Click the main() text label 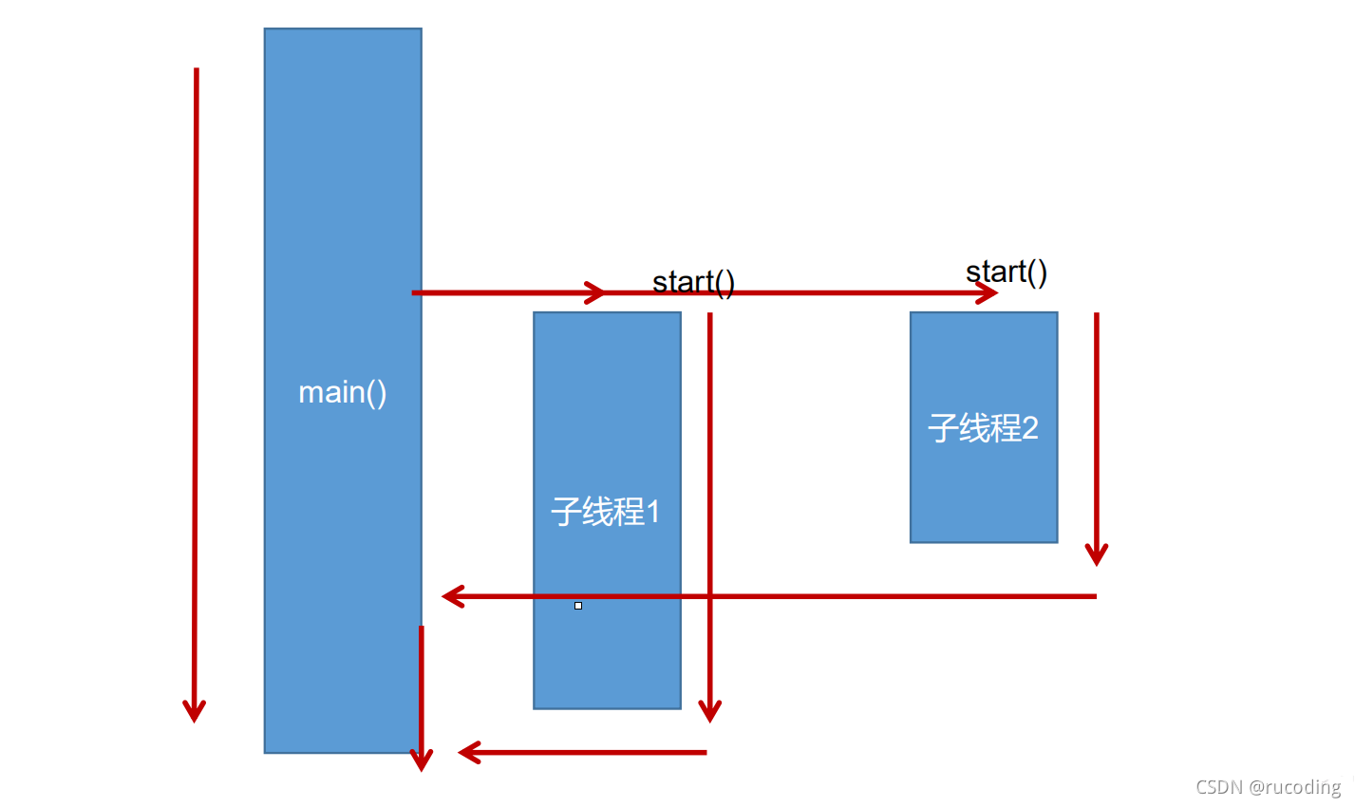tap(343, 392)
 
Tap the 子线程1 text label tap(606, 513)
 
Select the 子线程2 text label tap(983, 428)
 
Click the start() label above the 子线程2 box tap(1007, 272)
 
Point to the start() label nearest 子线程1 tap(693, 282)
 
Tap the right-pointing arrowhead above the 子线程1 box tap(595, 292)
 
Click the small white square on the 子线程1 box tap(578, 606)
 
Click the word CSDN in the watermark tap(1219, 787)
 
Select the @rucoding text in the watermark tap(1295, 787)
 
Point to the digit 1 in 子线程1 tap(652, 513)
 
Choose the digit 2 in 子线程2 tap(1029, 428)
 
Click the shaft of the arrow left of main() tap(196, 380)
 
